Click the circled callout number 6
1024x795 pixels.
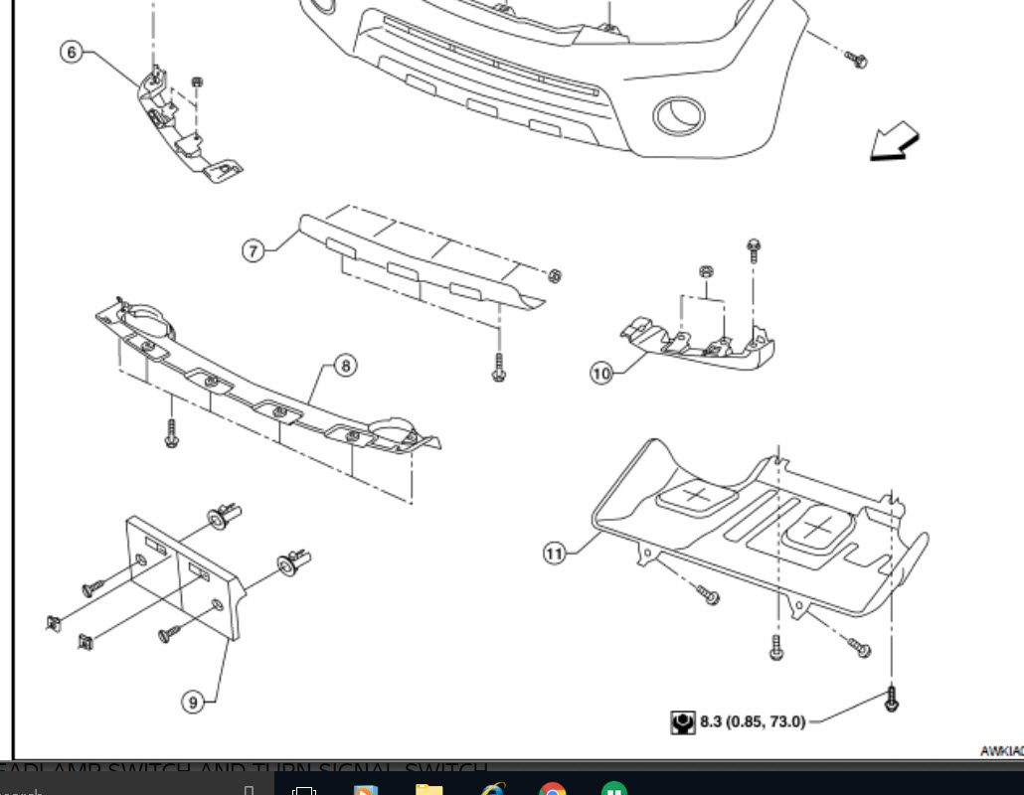coord(71,52)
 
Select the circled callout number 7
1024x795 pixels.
coord(254,250)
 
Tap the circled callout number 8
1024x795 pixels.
coord(345,366)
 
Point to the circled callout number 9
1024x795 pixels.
coord(194,702)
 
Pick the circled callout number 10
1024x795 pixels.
coord(601,374)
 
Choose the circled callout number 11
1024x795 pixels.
coord(555,553)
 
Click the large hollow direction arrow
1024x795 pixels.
coord(894,141)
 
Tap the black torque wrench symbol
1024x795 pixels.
coord(683,722)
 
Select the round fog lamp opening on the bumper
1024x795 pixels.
coord(678,116)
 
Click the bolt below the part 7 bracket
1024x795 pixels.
coord(498,368)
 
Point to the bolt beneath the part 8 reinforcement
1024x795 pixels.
coord(173,432)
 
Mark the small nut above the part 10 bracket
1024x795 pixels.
coord(705,270)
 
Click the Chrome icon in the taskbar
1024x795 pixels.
coord(553,787)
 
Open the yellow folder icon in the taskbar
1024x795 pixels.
coord(428,787)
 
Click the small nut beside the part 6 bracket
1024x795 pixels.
coord(197,81)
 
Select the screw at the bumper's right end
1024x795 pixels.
coord(857,60)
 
